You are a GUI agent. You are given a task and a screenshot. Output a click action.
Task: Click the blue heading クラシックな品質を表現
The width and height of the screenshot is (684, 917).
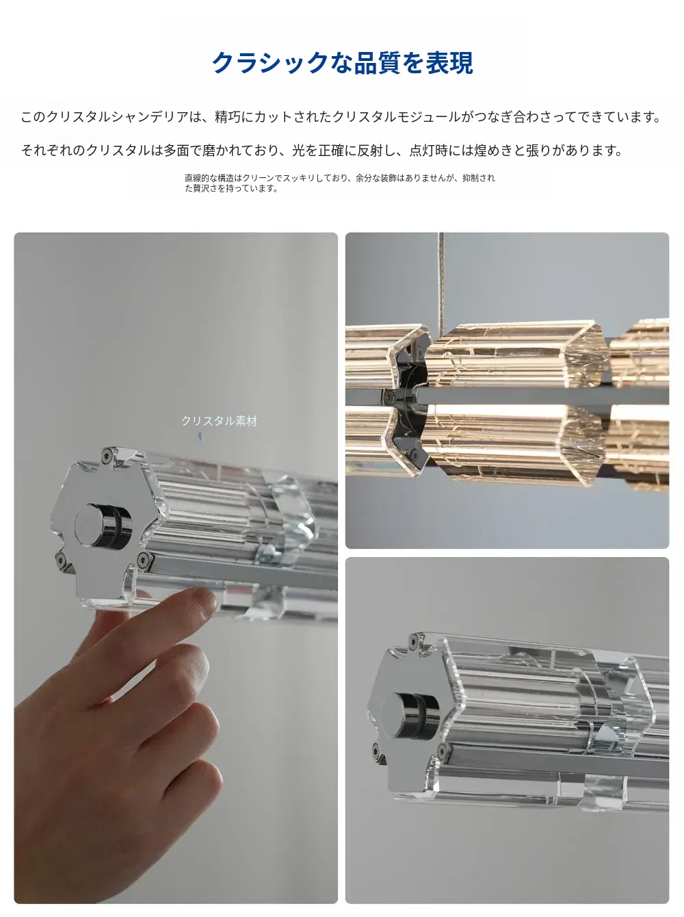[x=343, y=63]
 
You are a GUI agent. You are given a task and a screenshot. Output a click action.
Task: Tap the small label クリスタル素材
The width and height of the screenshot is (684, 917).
[x=220, y=421]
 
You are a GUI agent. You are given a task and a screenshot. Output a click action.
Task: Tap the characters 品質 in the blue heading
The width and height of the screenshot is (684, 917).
[x=378, y=63]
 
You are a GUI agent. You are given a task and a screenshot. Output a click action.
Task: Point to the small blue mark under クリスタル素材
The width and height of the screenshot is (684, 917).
[x=200, y=437]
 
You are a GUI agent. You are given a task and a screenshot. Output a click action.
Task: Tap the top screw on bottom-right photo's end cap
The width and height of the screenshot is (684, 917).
[x=415, y=639]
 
